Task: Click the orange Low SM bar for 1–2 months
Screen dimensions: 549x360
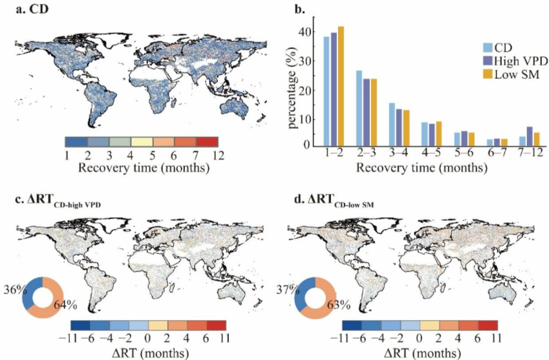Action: pyautogui.click(x=341, y=86)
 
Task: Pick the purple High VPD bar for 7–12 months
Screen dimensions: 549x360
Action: pyautogui.click(x=530, y=136)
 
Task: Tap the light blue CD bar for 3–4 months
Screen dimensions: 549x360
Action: pyautogui.click(x=392, y=125)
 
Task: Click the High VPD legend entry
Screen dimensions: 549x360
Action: pyautogui.click(x=515, y=61)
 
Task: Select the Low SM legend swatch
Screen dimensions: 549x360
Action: pyautogui.click(x=488, y=74)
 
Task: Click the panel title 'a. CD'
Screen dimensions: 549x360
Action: pyautogui.click(x=32, y=9)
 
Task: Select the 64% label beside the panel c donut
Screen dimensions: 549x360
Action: pyautogui.click(x=65, y=305)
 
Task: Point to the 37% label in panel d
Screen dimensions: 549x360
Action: pyautogui.click(x=288, y=290)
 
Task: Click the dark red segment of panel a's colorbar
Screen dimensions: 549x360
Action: pyautogui.click(x=207, y=142)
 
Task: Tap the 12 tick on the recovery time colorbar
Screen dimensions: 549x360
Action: pyautogui.click(x=218, y=154)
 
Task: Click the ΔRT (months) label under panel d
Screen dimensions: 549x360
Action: pyautogui.click(x=420, y=352)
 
